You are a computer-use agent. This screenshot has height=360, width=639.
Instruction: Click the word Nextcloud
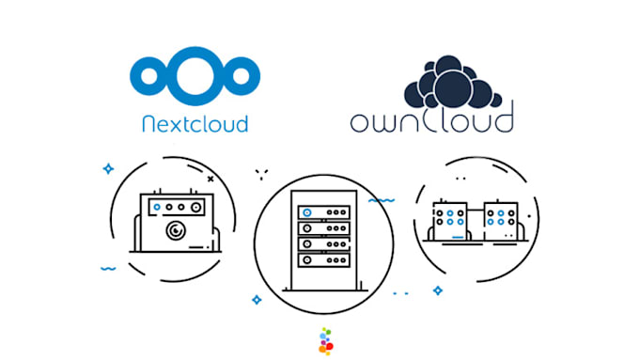[x=194, y=122]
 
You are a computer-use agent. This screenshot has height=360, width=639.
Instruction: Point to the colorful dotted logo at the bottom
[x=325, y=341]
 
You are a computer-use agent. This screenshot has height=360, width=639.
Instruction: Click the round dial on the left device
[x=176, y=228]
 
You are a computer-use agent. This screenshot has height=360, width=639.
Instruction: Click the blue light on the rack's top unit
[x=306, y=211]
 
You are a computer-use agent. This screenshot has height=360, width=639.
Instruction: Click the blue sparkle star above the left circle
[x=108, y=169]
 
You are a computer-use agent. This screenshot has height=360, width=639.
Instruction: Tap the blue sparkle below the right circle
[x=438, y=290]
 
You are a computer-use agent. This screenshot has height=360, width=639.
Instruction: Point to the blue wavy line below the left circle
[x=109, y=268]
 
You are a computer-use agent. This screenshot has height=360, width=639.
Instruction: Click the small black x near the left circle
[x=210, y=177]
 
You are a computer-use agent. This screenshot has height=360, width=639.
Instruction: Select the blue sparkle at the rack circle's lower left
[x=256, y=299]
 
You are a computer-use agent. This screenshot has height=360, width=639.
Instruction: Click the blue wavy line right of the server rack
[x=381, y=200]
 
